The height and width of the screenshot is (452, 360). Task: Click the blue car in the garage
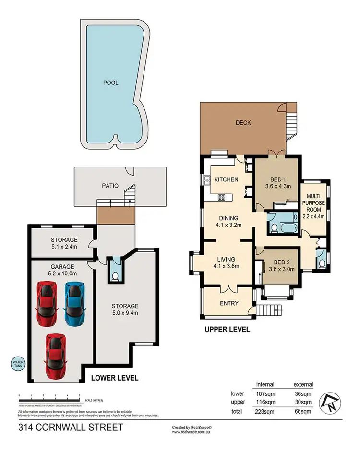[74, 303]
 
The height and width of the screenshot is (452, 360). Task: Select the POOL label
[110, 83]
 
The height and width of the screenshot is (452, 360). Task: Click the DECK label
[243, 123]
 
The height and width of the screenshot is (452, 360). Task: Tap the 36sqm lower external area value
[303, 393]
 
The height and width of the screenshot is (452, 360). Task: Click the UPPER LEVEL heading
[228, 330]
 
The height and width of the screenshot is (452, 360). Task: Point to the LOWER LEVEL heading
[115, 378]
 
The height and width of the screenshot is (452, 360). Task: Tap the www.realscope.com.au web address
[192, 432]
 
